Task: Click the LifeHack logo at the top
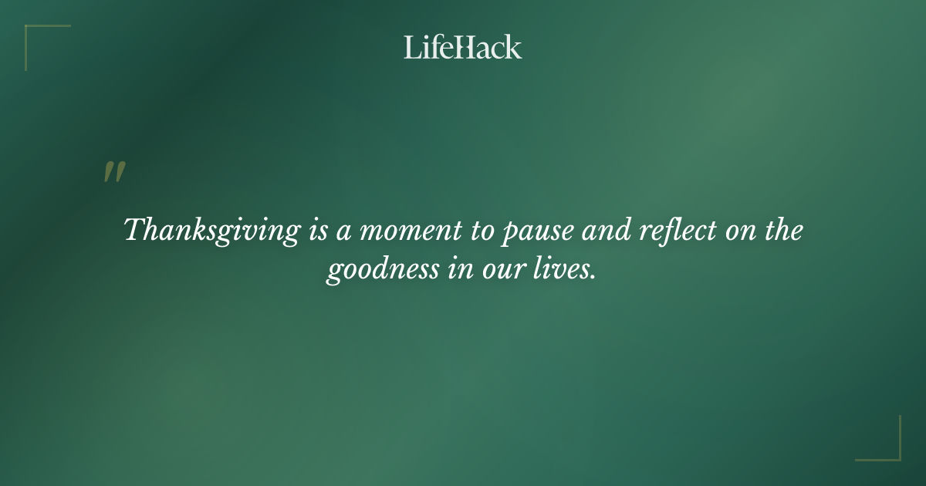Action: pyautogui.click(x=463, y=47)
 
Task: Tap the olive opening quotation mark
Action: pyautogui.click(x=114, y=173)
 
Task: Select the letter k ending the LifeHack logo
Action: pyautogui.click(x=514, y=47)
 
